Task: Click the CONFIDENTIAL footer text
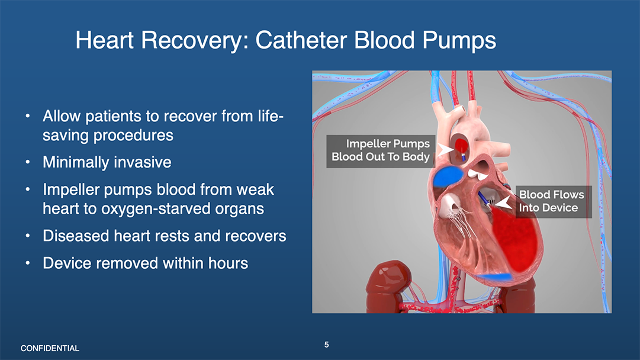coord(50,348)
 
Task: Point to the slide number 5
coord(327,345)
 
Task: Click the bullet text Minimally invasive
coord(107,162)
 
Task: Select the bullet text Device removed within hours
coord(145,263)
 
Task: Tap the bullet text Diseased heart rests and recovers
coord(165,236)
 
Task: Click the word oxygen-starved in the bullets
coord(182,208)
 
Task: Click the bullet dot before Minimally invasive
coord(27,162)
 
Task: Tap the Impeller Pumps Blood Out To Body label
coord(381,150)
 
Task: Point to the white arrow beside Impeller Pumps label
coord(445,150)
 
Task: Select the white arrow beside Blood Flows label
coord(503,202)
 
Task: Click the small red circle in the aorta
coord(461,146)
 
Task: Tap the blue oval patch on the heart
coord(448,176)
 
